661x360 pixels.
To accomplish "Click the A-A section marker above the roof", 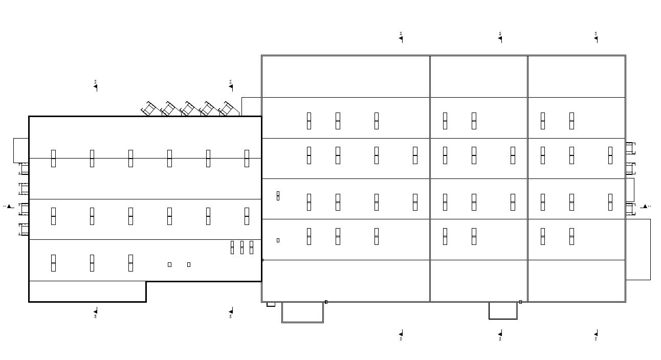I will [401, 37].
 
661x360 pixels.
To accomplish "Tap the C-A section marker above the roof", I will [596, 37].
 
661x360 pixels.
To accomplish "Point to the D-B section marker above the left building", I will [96, 85].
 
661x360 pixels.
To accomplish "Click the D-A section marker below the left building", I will [231, 312].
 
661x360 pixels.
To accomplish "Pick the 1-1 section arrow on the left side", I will [9, 207].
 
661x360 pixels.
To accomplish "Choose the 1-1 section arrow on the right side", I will [645, 207].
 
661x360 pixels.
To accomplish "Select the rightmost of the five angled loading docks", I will [226, 109].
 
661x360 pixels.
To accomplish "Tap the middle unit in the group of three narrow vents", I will [242, 247].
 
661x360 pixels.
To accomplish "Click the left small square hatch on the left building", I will [169, 264].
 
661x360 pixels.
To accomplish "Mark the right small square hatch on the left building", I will [189, 264].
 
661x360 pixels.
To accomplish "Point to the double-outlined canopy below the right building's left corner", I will [302, 312].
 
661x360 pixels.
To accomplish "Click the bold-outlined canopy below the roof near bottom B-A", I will [503, 310].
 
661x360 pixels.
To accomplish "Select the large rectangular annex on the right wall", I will [638, 249].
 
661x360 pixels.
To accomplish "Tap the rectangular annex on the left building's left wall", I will [21, 150].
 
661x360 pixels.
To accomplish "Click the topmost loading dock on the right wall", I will [630, 148].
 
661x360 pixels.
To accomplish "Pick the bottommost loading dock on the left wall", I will [24, 229].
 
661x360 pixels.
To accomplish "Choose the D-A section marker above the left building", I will [231, 85].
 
